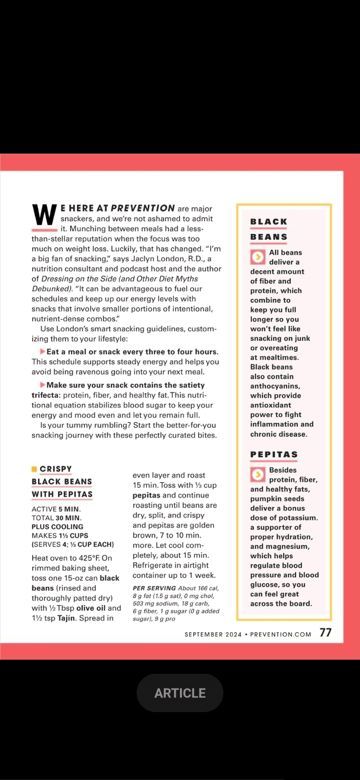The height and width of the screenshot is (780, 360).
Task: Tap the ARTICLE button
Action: click(180, 693)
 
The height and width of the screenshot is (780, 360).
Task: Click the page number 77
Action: click(325, 633)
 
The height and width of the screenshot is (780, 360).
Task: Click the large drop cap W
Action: click(44, 215)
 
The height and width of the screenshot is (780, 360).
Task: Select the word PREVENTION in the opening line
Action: click(142, 208)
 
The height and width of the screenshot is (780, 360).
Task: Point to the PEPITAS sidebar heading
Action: click(274, 454)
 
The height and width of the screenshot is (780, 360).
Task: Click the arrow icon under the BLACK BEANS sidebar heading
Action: click(257, 256)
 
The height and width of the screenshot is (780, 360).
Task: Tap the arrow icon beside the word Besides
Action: click(257, 474)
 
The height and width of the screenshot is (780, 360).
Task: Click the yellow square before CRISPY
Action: click(34, 469)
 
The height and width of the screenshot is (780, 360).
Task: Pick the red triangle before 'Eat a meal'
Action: click(42, 351)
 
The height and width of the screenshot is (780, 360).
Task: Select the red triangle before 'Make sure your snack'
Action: click(42, 385)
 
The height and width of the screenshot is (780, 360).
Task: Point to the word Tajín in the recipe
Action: click(66, 618)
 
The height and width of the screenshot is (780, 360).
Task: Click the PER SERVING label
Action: click(154, 588)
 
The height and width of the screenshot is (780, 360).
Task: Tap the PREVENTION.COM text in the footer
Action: click(280, 634)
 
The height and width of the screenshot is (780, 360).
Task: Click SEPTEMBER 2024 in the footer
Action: click(213, 634)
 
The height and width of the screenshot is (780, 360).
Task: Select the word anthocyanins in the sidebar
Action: click(275, 386)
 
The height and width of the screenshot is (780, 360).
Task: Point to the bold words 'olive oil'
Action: click(91, 608)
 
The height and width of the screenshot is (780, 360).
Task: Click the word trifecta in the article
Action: click(45, 395)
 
